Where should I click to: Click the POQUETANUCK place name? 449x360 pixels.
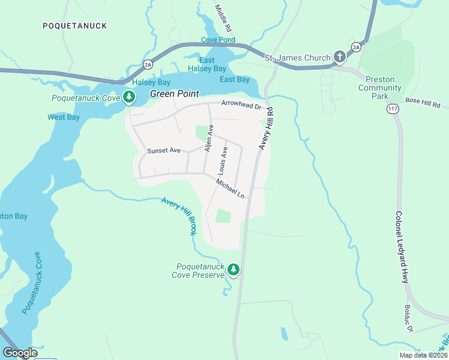75,26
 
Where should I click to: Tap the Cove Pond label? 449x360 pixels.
218,40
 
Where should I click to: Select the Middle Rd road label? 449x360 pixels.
223,18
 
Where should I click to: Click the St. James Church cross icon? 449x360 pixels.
339,58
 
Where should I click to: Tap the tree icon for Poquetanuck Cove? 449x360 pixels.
128,97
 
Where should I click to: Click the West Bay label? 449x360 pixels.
64,117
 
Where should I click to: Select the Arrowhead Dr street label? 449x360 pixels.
242,104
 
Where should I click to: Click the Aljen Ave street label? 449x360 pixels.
209,139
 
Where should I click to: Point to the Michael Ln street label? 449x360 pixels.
231,188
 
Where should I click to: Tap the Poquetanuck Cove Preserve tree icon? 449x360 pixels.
234,271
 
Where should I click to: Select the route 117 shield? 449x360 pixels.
393,109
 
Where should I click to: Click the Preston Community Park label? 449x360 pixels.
379,88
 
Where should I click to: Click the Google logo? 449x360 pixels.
20,353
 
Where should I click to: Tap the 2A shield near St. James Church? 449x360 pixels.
357,46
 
